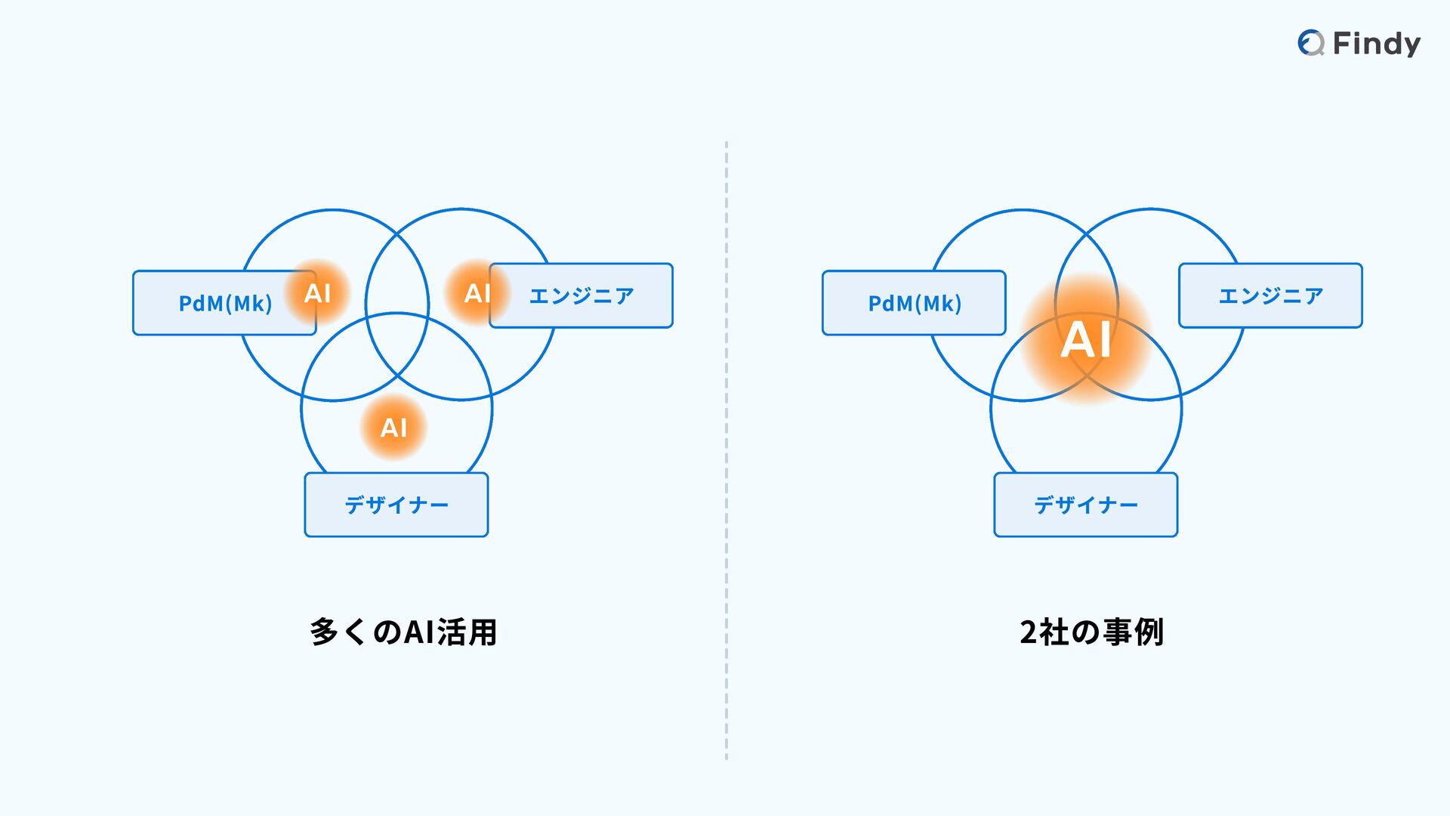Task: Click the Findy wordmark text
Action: click(1376, 44)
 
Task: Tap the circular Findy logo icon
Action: click(1310, 43)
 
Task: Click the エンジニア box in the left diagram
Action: click(581, 295)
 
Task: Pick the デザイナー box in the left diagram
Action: click(396, 505)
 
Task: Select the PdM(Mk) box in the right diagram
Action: click(914, 303)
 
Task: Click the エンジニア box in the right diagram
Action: click(1270, 295)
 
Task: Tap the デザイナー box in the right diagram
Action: click(1085, 505)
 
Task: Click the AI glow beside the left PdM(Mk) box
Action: click(318, 292)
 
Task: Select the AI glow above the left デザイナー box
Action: click(393, 428)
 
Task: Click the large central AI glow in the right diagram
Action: click(1086, 339)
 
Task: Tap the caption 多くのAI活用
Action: click(403, 632)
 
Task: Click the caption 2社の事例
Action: click(1091, 632)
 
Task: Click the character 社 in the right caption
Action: click(1055, 632)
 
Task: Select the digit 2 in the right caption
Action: click(1029, 632)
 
